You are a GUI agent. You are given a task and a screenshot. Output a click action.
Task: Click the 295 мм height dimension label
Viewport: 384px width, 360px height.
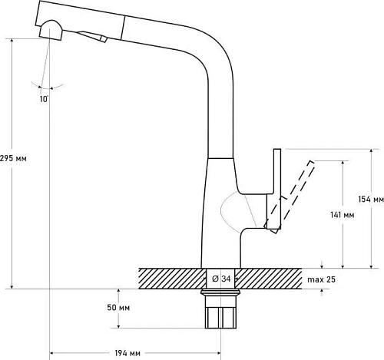13,158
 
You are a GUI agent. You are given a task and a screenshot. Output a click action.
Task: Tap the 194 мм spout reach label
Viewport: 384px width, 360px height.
127,353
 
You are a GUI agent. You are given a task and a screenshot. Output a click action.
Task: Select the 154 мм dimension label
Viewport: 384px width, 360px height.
371,200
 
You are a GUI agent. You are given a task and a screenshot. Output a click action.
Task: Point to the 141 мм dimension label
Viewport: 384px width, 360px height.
343,215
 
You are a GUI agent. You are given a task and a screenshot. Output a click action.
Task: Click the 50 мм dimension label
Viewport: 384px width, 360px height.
118,307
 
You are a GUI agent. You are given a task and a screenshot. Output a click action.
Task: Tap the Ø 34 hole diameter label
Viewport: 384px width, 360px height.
221,279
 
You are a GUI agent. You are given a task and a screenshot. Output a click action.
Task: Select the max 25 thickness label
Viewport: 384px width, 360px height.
321,279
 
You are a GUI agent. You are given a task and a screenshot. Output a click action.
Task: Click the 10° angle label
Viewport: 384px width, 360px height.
44,99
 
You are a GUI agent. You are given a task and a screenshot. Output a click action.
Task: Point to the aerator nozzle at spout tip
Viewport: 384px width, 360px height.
51,31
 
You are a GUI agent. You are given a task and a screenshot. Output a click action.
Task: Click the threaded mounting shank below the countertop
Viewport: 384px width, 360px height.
221,312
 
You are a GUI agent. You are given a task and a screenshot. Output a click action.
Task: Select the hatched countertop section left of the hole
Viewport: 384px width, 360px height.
173,279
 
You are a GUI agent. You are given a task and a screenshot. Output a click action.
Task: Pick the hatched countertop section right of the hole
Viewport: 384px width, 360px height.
268,279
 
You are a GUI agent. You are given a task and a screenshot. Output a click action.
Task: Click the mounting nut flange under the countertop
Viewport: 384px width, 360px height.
220,292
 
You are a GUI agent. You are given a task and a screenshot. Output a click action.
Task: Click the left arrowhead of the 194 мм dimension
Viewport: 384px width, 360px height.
51,353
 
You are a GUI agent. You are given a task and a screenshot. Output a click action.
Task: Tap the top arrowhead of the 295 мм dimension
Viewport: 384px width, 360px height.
12,41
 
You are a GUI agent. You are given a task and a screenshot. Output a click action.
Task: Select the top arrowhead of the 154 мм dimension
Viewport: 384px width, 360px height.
371,151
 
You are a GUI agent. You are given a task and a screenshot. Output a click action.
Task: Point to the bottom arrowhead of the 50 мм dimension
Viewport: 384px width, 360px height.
118,326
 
